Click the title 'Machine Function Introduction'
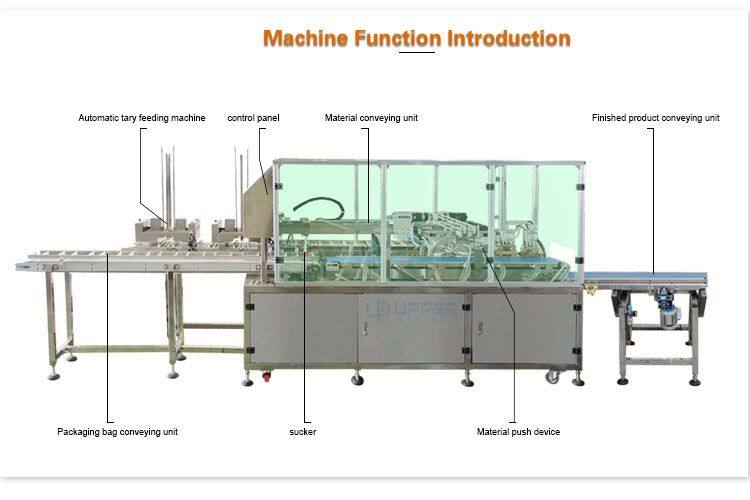(x=417, y=38)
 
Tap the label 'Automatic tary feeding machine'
(x=142, y=118)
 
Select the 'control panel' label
(x=253, y=118)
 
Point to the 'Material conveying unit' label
(x=371, y=118)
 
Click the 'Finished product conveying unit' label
(x=655, y=118)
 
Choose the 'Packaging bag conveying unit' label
(x=117, y=432)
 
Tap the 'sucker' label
(x=302, y=432)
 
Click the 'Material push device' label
(x=518, y=432)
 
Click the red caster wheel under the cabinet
(x=266, y=377)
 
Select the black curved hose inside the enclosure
(x=318, y=206)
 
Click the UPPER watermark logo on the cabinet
(x=411, y=309)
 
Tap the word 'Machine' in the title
(x=305, y=38)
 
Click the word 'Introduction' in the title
(x=509, y=38)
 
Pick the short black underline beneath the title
(x=417, y=52)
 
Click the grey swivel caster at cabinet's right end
(x=552, y=377)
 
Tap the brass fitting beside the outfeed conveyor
(x=591, y=289)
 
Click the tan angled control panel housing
(x=258, y=206)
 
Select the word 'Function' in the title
(x=397, y=38)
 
